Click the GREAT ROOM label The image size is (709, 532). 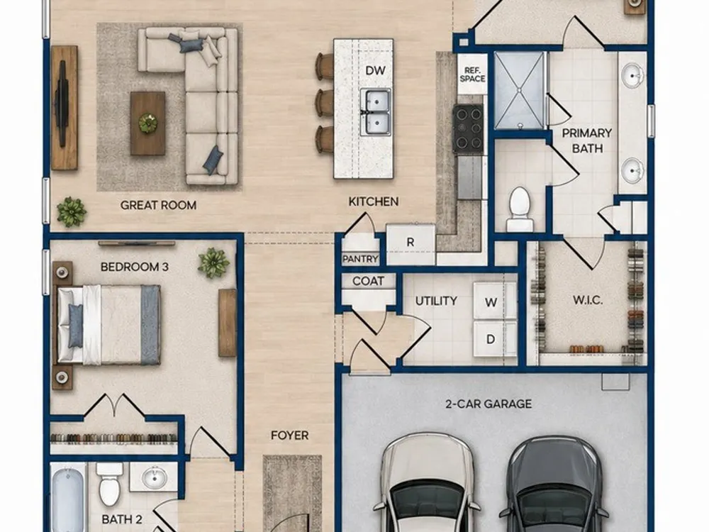tap(158, 205)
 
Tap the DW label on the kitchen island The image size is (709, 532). tap(375, 70)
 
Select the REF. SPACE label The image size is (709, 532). tap(472, 74)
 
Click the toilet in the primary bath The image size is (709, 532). tap(520, 209)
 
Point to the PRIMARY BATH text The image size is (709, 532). tap(587, 140)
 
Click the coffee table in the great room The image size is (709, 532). tap(148, 123)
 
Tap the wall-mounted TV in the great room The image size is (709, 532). tap(62, 104)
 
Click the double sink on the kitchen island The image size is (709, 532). tap(376, 112)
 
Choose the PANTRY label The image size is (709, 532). tap(360, 259)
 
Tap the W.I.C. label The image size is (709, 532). tap(588, 300)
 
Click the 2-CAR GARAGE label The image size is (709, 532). tap(489, 404)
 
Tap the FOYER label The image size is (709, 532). tap(290, 436)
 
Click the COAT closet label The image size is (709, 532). tap(368, 281)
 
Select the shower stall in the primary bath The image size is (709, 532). tap(519, 90)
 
